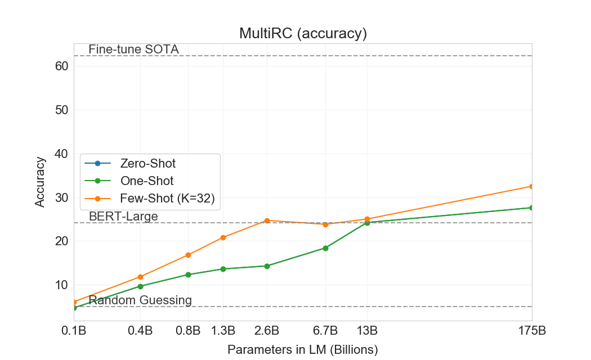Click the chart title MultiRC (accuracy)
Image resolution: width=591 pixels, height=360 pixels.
coord(303,34)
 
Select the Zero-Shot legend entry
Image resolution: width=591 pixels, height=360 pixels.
coord(147,164)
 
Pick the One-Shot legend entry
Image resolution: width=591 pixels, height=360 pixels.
coord(146,181)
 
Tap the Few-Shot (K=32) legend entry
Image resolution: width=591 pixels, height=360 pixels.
coord(167,198)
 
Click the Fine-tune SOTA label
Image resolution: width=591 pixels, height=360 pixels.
coord(133,49)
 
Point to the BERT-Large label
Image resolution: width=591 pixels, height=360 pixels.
coord(123,217)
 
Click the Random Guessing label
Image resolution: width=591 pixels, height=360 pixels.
coord(140,300)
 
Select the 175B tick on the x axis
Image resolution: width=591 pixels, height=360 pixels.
coord(532,330)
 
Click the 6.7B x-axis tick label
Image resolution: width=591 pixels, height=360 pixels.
coord(325,330)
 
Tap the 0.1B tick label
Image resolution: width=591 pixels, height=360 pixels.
coord(74,330)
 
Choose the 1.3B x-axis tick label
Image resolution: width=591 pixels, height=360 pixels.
coord(223,330)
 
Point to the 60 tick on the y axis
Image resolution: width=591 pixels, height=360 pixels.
coord(62,66)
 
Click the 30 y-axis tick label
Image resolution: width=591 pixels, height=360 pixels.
coord(62,197)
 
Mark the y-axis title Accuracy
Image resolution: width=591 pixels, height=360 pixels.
coord(40,182)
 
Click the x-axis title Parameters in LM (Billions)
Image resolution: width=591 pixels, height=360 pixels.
coord(303,349)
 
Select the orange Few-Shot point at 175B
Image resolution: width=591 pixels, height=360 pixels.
coord(532,186)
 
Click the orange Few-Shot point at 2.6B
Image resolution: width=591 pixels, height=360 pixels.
coord(267,220)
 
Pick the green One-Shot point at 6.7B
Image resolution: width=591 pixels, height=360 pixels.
coord(325,248)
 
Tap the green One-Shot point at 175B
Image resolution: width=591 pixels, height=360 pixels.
coord(532,208)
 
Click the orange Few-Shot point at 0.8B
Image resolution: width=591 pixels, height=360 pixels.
coord(189,255)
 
